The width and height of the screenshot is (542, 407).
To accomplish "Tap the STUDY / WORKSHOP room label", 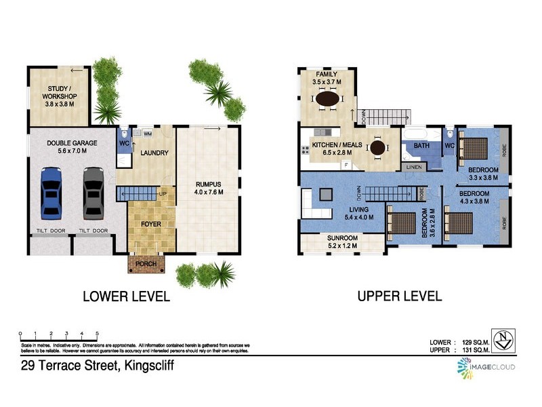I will tap(62, 93).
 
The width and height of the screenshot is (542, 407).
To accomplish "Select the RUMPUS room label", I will tap(209, 182).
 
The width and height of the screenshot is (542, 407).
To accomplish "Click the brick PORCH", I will tap(147, 264).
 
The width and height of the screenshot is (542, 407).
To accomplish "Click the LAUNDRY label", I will tap(154, 153).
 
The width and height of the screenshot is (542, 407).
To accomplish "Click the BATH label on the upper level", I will tap(421, 146).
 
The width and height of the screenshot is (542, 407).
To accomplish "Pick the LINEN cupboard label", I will tap(414, 166).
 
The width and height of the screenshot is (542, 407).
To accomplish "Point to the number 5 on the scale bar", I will tap(98, 333).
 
